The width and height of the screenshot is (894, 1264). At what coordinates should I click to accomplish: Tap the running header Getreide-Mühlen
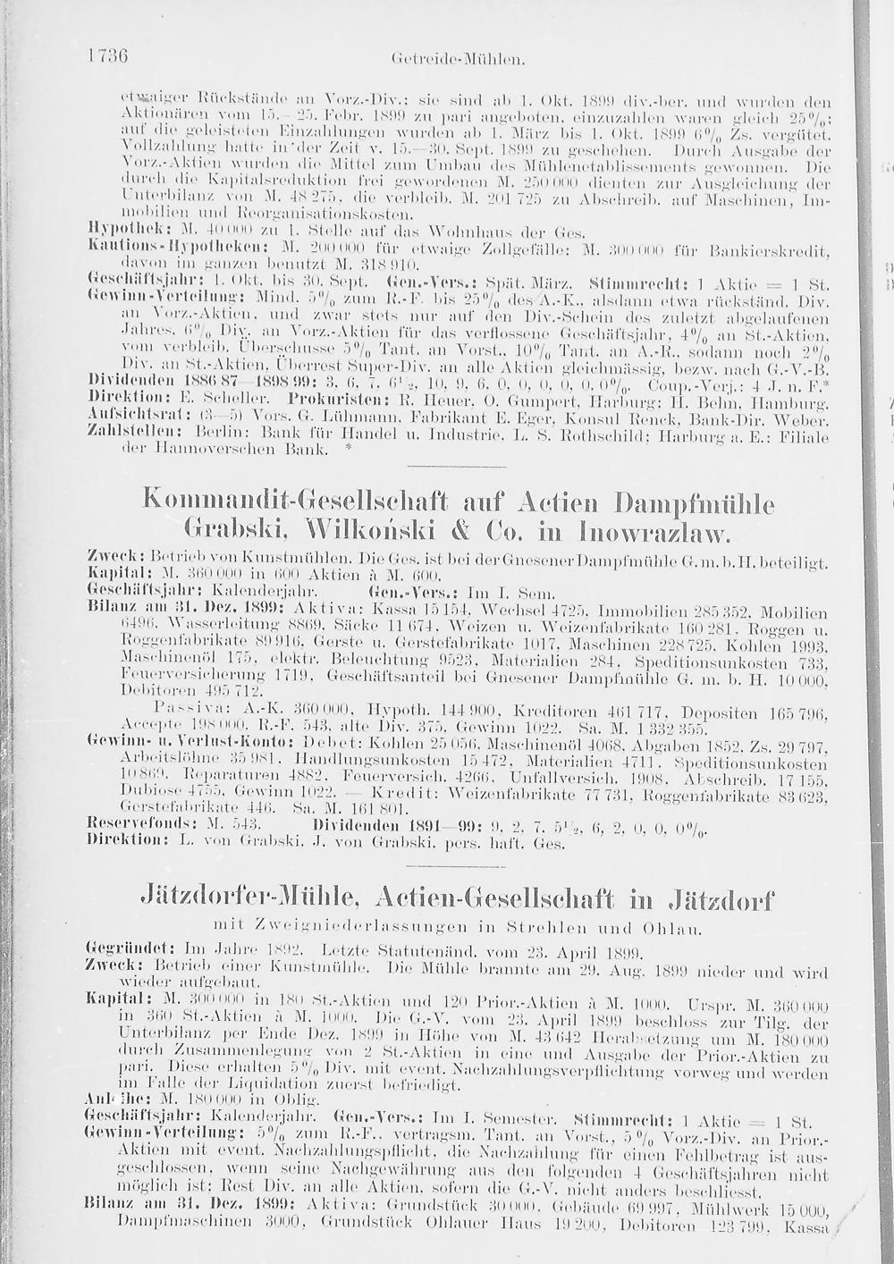(457, 60)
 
